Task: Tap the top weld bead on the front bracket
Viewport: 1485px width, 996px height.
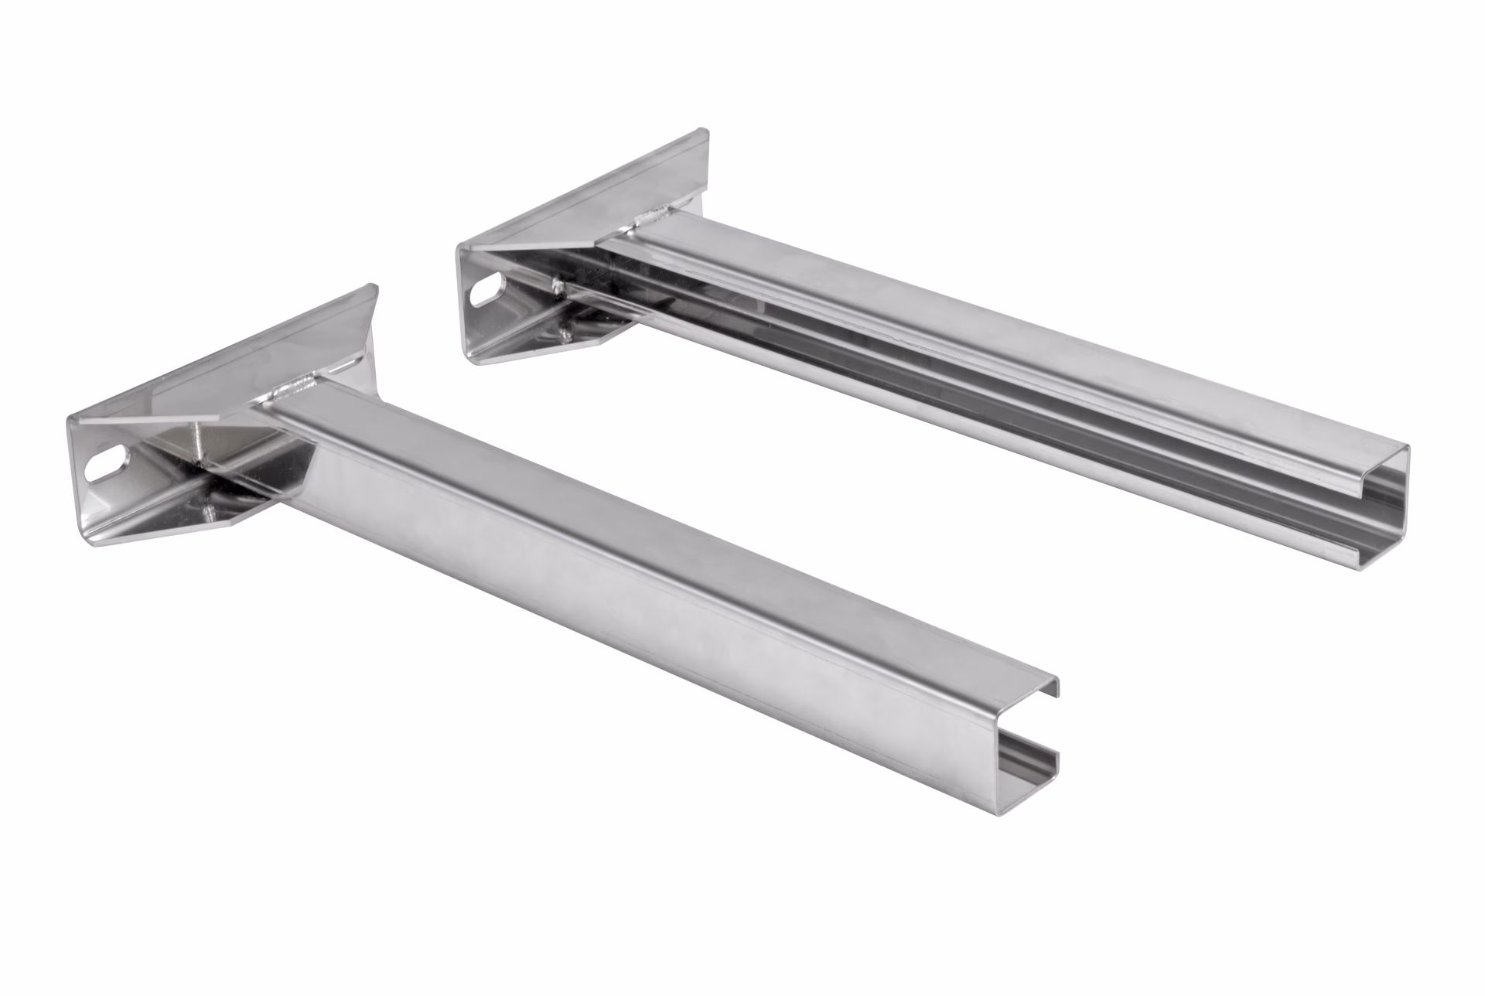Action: pyautogui.click(x=300, y=384)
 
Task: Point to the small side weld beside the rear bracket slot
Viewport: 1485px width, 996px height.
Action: pyautogui.click(x=555, y=287)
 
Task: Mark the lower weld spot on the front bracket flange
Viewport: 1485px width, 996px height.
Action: pyautogui.click(x=207, y=511)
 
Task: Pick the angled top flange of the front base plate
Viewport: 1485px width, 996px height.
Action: pyautogui.click(x=232, y=363)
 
